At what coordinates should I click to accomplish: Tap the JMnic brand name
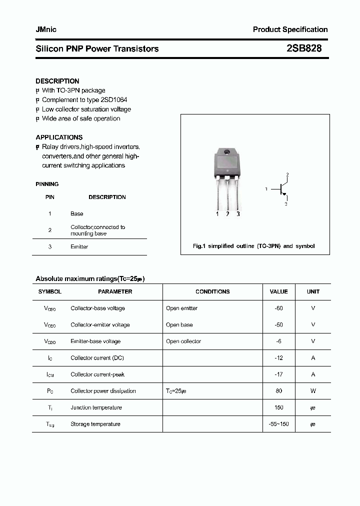pyautogui.click(x=46, y=29)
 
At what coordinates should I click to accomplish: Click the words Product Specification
pyautogui.click(x=290, y=29)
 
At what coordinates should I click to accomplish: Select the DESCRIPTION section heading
pyautogui.click(x=57, y=81)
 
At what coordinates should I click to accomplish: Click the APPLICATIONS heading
pyautogui.click(x=59, y=137)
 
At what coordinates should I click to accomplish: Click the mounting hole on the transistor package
pyautogui.click(x=226, y=152)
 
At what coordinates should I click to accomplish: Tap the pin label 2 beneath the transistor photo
pyautogui.click(x=227, y=214)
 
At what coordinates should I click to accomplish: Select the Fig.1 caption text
pyautogui.click(x=254, y=246)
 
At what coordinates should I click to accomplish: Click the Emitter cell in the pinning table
pyautogui.click(x=79, y=246)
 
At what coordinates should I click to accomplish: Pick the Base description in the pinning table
pyautogui.click(x=77, y=213)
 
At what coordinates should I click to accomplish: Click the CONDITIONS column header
pyautogui.click(x=212, y=291)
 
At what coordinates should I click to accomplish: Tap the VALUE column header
pyautogui.click(x=278, y=291)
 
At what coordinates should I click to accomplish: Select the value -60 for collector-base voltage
pyautogui.click(x=278, y=308)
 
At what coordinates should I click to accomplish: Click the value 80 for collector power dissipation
pyautogui.click(x=278, y=391)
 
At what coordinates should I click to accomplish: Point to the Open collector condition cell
pyautogui.click(x=183, y=341)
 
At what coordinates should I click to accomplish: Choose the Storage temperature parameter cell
pyautogui.click(x=95, y=424)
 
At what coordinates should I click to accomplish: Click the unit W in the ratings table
pyautogui.click(x=313, y=391)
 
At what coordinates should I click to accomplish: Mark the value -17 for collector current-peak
pyautogui.click(x=278, y=374)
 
